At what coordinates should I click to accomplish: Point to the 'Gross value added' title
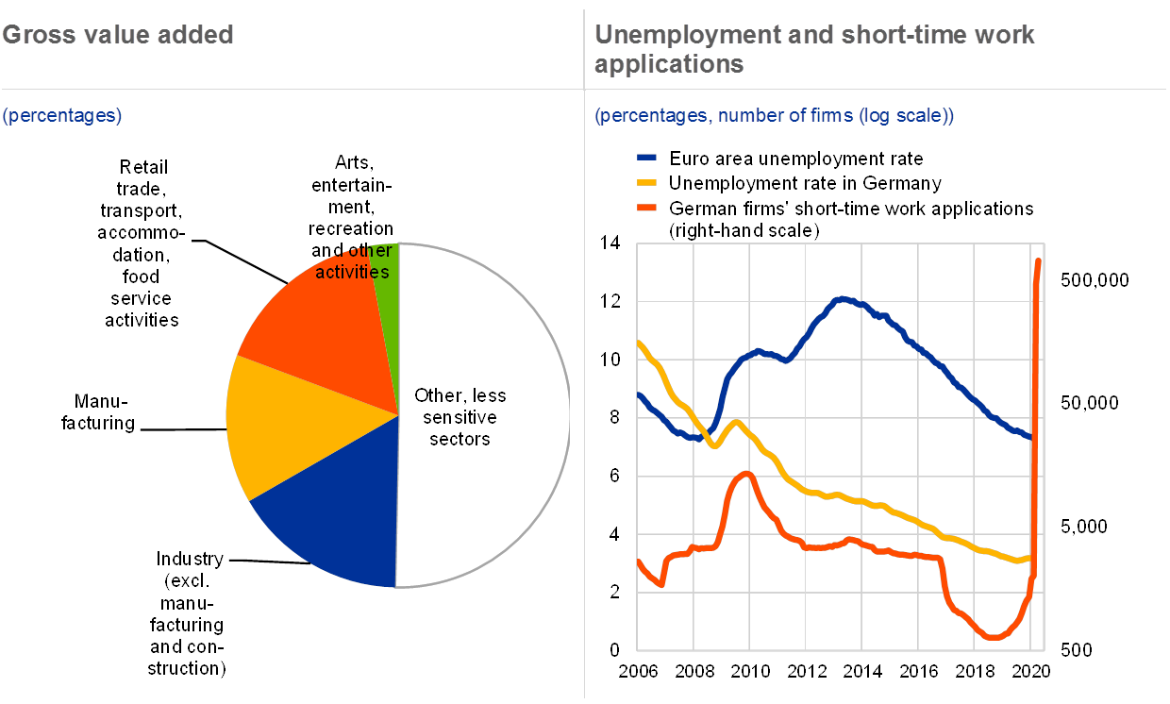click(117, 36)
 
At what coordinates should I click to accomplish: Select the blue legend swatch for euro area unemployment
click(647, 159)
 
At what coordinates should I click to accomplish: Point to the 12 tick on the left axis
click(614, 301)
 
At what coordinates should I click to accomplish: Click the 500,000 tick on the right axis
click(1095, 280)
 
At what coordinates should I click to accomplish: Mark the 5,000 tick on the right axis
click(1095, 527)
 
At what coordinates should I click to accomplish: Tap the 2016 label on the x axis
click(918, 671)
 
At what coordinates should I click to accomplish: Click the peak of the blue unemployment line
click(843, 299)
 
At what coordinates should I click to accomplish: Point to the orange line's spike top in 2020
click(1039, 260)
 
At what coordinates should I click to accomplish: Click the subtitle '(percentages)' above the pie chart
click(62, 116)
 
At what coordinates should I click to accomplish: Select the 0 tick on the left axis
click(614, 650)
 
